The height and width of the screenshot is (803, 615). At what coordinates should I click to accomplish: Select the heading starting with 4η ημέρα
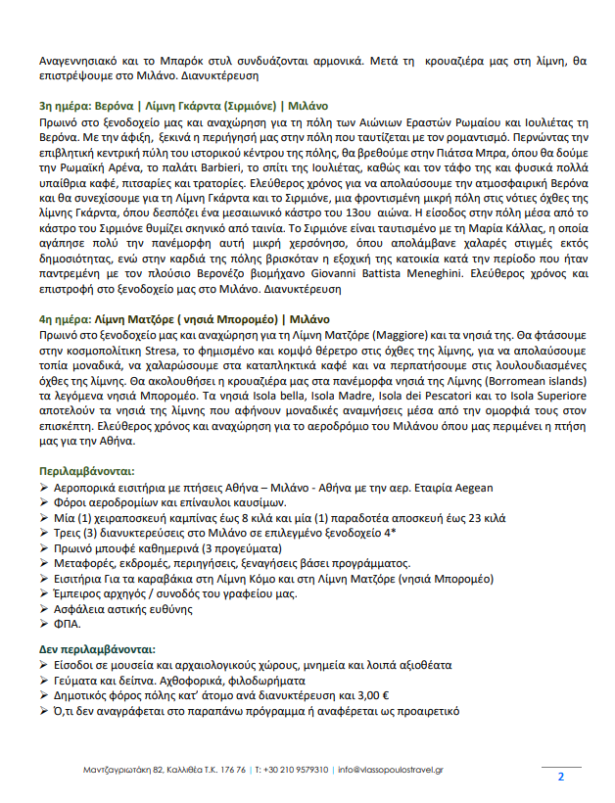point(184,318)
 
